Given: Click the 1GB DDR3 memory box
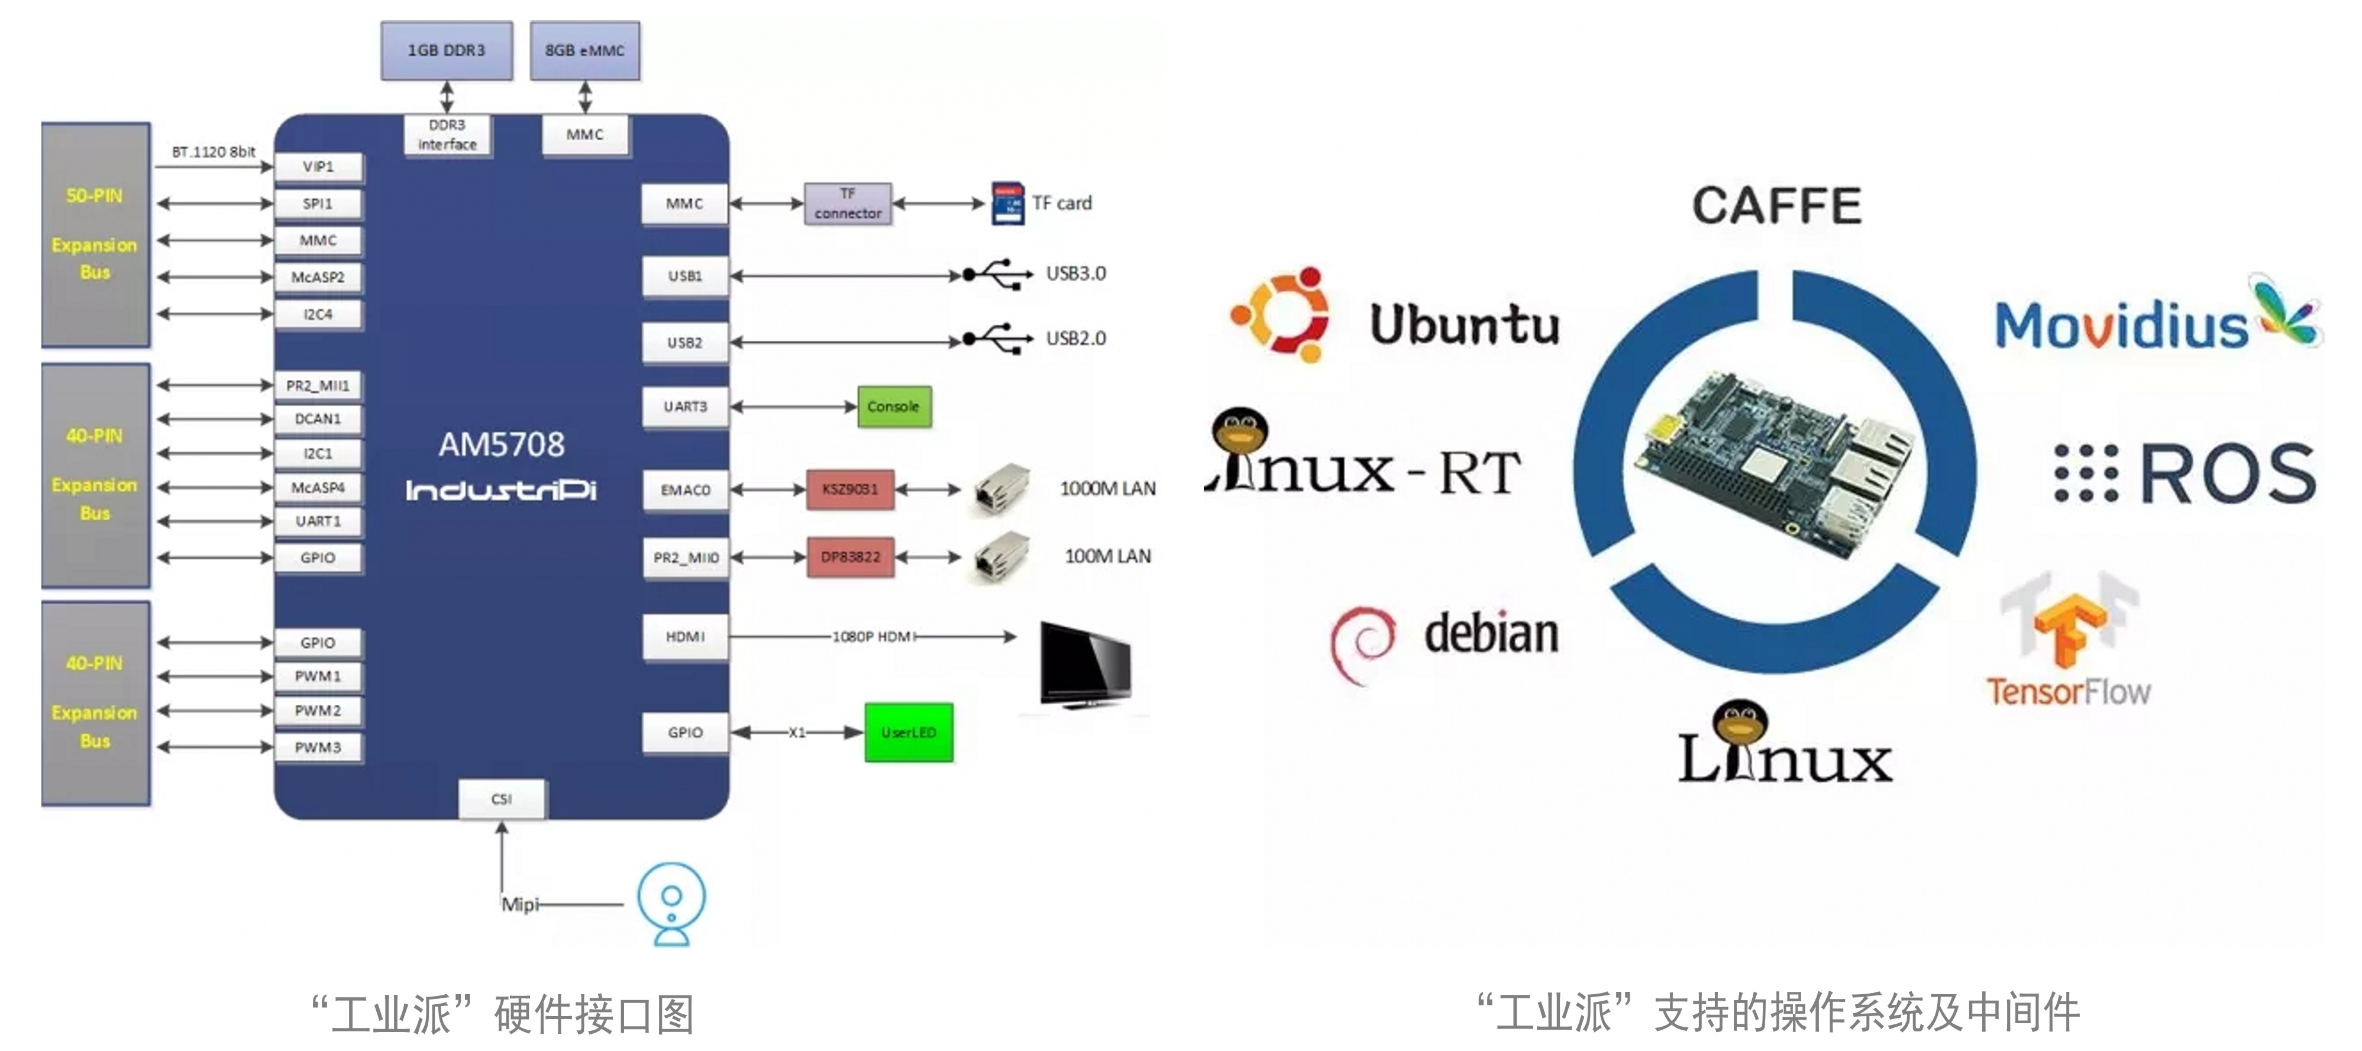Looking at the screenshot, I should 447,50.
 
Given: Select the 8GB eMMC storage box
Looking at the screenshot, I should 585,50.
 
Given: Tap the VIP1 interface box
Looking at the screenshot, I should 318,167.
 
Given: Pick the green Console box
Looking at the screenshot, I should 894,407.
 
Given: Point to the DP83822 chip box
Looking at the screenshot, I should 850,557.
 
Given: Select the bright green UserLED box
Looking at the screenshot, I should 909,733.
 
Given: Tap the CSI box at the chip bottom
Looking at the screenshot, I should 502,799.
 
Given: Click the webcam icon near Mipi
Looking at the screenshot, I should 672,903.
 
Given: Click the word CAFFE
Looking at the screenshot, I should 1776,205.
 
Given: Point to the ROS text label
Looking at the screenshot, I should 2227,473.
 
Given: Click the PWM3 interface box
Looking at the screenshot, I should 318,747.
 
